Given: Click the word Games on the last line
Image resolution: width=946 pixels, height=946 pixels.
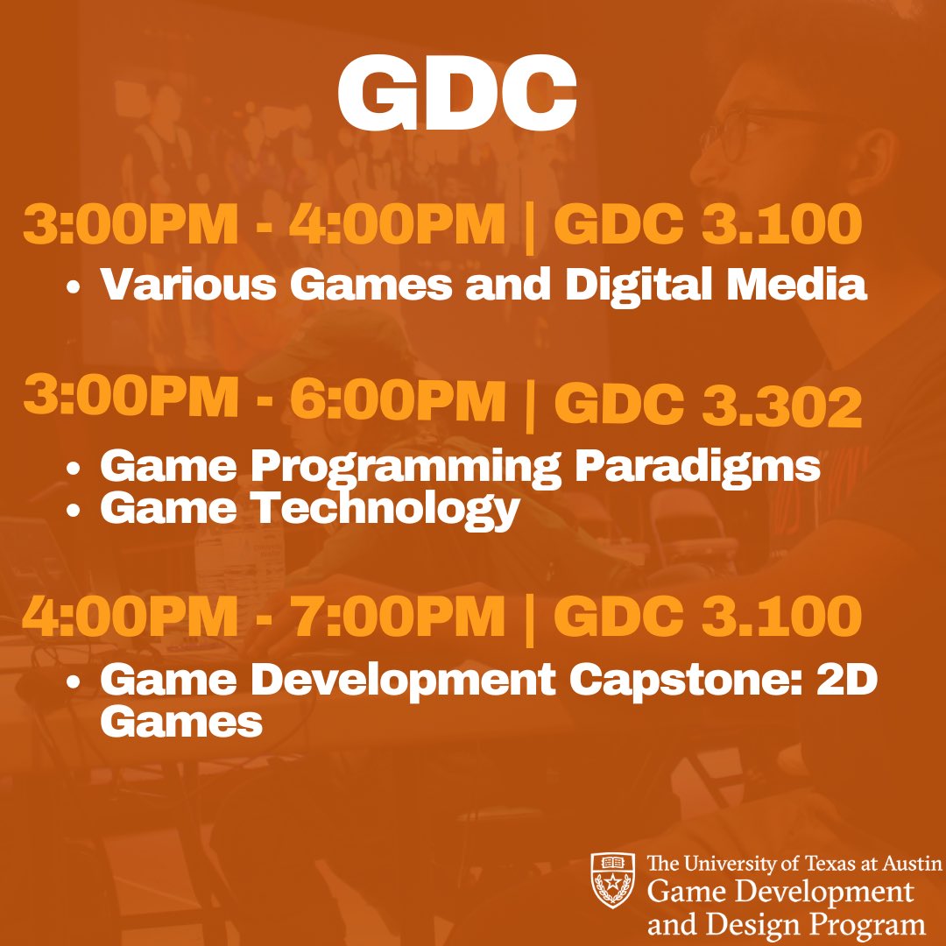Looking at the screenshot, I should coord(181,723).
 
